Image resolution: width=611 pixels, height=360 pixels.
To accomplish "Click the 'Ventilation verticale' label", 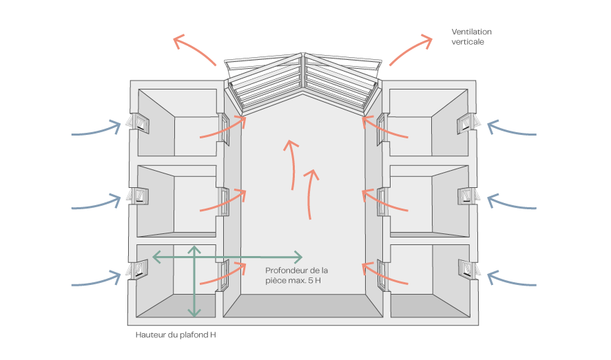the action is point(471,36).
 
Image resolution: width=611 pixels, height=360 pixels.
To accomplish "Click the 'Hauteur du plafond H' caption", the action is point(176,335).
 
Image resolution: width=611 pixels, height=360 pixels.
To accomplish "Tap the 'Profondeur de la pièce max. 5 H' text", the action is point(296,275).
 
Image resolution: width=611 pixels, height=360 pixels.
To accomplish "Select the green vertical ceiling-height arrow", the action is point(194,281).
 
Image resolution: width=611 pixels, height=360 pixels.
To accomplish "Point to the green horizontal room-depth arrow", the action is point(227,257).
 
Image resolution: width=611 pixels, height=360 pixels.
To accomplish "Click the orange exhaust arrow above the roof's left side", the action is point(193,47).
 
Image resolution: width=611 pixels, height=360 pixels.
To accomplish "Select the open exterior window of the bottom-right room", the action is point(469,269).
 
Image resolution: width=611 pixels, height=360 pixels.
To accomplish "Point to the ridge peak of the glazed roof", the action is point(303,53).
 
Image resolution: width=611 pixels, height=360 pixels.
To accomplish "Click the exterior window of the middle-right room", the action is point(469,197).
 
